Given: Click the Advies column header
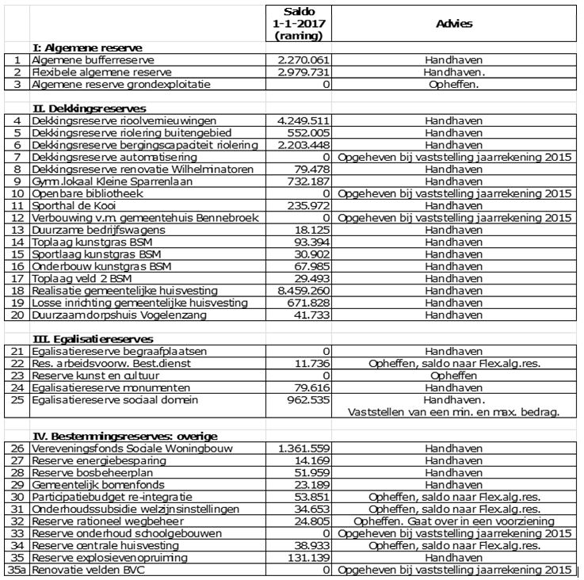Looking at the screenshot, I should coord(454,24).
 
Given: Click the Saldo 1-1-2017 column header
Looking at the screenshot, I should coord(299,24).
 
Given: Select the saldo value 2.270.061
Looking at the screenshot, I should coord(304,59).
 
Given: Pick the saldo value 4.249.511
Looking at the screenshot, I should coord(304,120).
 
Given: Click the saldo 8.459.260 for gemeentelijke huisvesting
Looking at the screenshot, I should coord(304,291).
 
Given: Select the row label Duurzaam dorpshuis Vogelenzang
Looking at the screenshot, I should coord(119,315).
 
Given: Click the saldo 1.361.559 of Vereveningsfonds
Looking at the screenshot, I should coord(304,448).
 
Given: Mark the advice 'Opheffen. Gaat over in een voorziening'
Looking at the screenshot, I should coord(454,521).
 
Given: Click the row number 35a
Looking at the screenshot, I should coord(17,570).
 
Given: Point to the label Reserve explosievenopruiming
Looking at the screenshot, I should coord(110,558).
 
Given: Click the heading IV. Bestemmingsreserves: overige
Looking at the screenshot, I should coord(124,436).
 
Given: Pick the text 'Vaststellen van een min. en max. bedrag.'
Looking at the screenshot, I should coord(454,412).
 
